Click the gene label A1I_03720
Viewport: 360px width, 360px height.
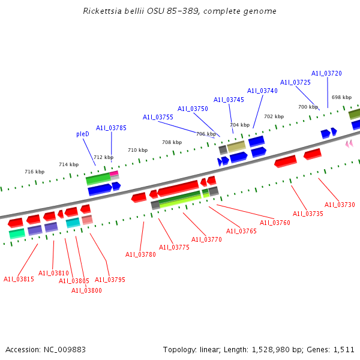coord(326,73)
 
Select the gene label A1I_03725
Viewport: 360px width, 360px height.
coord(295,82)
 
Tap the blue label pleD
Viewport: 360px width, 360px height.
coord(83,134)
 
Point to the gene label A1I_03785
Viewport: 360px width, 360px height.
coord(111,127)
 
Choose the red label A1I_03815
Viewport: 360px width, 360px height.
coord(19,279)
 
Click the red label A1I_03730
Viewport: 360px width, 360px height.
coord(340,205)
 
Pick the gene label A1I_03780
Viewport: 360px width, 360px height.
coord(140,254)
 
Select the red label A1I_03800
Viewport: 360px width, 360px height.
coord(86,290)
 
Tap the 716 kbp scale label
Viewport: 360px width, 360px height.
coord(34,172)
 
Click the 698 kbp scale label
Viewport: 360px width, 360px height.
coord(341,97)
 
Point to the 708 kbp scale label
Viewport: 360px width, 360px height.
coord(172,142)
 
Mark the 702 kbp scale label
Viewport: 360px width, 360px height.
coord(274,116)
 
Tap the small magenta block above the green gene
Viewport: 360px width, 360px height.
coord(114,173)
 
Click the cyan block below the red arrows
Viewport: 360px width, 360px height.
coord(73,223)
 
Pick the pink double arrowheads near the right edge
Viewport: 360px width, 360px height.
coord(349,143)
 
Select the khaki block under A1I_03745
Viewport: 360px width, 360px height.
coord(236,146)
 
